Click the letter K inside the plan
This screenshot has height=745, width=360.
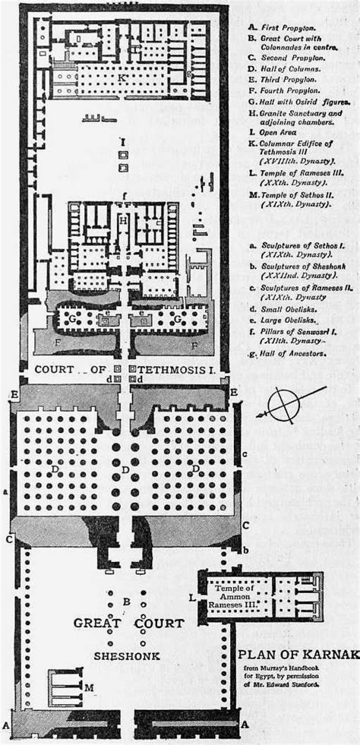pos(122,77)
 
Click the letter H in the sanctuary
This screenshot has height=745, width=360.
pos(122,220)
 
